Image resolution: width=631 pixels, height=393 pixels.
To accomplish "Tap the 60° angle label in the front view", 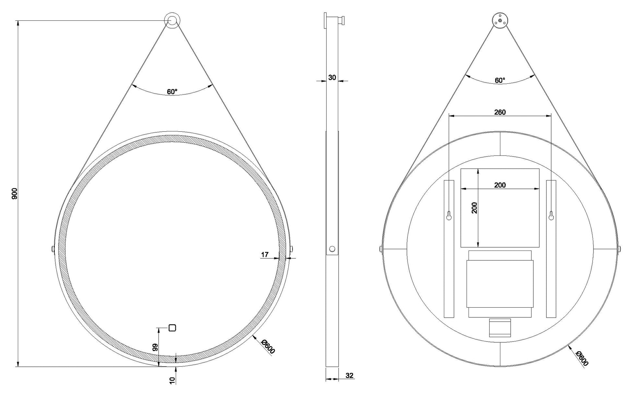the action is coord(172,92).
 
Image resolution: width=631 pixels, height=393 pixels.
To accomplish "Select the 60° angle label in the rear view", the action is coord(500,80).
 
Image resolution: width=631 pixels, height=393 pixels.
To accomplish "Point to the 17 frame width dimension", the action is coord(265,255).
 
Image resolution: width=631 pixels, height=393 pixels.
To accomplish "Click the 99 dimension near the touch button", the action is coord(155,348).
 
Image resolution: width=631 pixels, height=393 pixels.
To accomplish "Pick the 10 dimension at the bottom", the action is coord(173,380).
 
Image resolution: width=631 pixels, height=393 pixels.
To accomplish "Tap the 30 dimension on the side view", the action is coord(332,78).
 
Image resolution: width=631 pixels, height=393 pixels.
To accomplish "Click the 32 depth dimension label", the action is coord(349,375).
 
